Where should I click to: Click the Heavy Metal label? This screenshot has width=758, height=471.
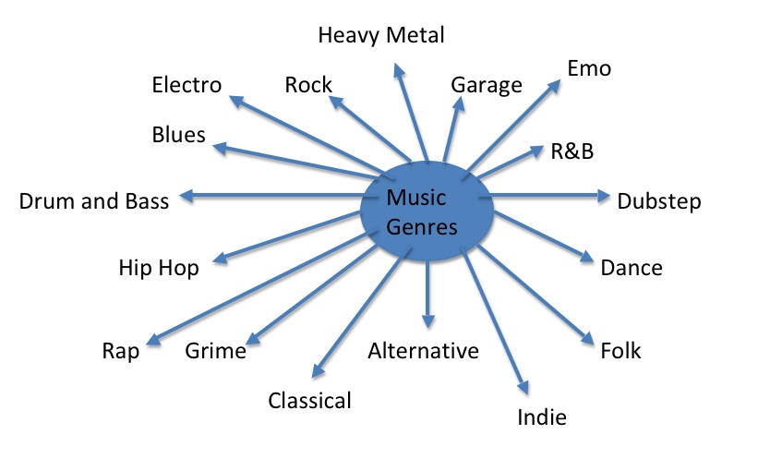click(380, 36)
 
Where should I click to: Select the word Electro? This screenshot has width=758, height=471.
click(186, 86)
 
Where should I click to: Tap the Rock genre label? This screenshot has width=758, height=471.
click(308, 86)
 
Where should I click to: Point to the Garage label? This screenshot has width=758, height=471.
click(486, 86)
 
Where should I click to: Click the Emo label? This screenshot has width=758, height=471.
click(589, 69)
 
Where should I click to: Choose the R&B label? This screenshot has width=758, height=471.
click(572, 151)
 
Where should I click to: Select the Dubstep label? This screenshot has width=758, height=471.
click(658, 201)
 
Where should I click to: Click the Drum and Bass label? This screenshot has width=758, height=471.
click(94, 201)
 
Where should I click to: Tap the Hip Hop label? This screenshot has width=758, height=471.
click(159, 268)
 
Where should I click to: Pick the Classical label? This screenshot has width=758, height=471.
click(309, 401)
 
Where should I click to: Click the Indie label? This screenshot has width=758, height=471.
click(541, 417)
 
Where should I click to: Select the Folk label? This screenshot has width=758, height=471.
click(620, 351)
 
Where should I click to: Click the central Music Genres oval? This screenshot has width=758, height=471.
click(423, 211)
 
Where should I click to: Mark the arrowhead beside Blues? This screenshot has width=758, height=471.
click(220, 145)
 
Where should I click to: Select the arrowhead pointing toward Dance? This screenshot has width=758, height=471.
click(586, 259)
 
